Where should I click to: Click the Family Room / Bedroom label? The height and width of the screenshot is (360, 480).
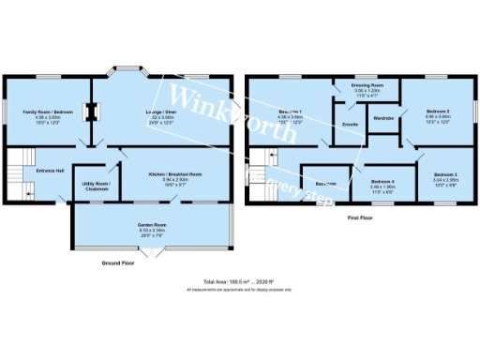(41, 112)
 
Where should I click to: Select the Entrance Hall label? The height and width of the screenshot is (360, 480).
(51, 170)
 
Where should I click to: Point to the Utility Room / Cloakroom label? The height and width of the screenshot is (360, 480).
(97, 186)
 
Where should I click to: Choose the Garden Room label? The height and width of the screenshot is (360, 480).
(152, 221)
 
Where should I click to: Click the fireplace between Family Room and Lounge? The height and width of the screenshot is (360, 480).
(91, 112)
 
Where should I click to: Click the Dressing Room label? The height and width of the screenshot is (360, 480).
(367, 85)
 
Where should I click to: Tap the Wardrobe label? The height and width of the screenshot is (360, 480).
(382, 118)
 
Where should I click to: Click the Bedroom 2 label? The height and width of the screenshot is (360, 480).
(435, 112)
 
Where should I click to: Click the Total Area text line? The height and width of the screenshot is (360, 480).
(240, 281)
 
